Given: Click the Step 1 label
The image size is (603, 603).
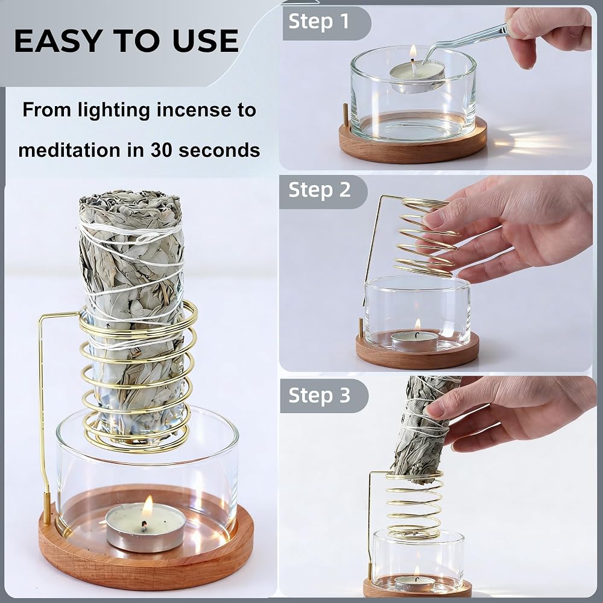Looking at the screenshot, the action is pyautogui.click(x=318, y=21).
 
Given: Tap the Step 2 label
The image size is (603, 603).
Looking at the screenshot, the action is pyautogui.click(x=319, y=190).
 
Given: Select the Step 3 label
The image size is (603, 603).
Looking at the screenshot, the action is pyautogui.click(x=319, y=395).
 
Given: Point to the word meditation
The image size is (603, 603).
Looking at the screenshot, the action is pyautogui.click(x=69, y=150).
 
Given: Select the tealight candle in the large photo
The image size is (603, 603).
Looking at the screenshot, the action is pyautogui.click(x=146, y=527).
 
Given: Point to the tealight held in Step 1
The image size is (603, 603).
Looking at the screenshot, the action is pyautogui.click(x=417, y=76).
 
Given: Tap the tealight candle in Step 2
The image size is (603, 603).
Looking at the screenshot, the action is pyautogui.click(x=415, y=340).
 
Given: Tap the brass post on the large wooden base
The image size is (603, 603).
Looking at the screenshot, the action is pyautogui.click(x=46, y=508).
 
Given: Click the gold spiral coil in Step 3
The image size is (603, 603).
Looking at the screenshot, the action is pyautogui.click(x=415, y=504).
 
